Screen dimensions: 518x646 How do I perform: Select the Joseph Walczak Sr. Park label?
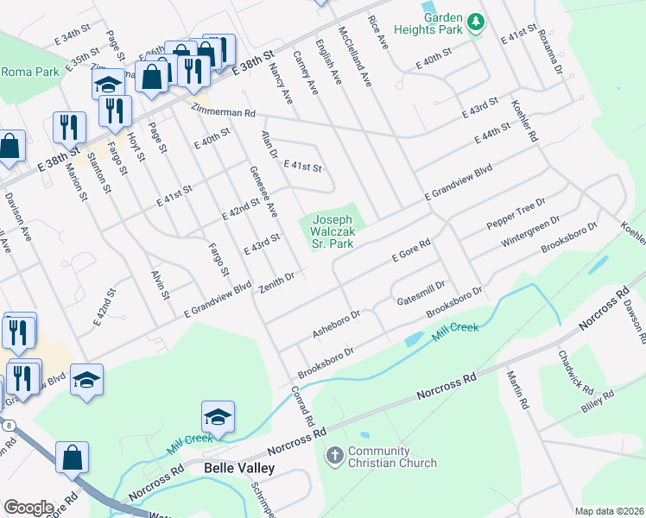click(x=332, y=232)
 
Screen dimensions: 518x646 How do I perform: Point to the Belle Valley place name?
click(x=239, y=468)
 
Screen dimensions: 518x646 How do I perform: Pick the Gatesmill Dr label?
click(x=421, y=293)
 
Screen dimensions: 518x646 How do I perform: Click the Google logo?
click(x=28, y=508)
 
